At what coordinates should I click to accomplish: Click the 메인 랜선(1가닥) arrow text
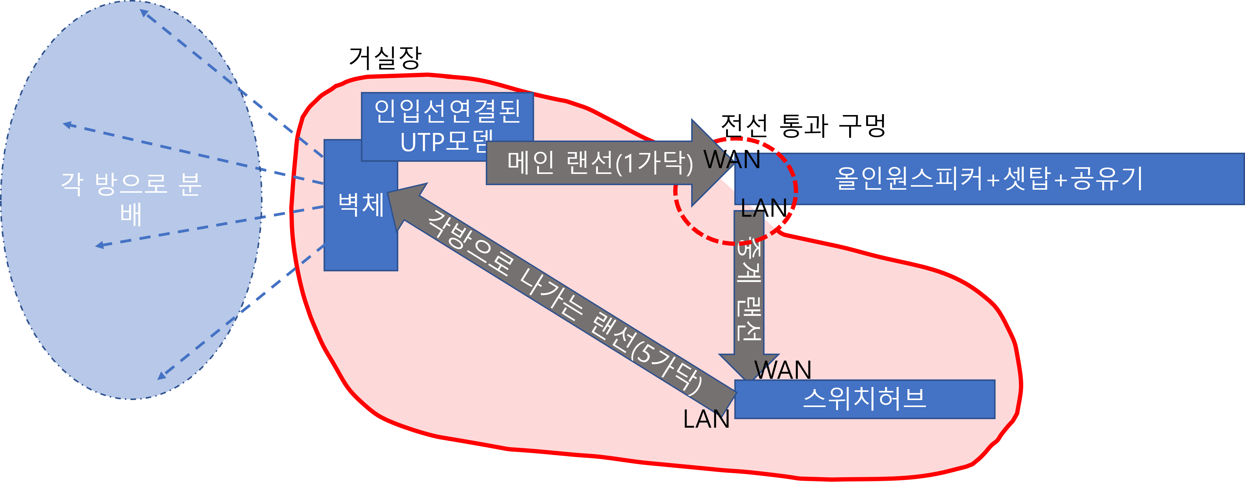tap(599, 163)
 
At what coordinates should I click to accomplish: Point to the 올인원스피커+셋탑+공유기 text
tap(988, 179)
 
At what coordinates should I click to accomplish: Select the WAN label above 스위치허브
tap(783, 370)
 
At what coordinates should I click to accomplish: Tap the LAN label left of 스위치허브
tap(706, 419)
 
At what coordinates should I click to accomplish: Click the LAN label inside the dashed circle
tap(764, 208)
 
